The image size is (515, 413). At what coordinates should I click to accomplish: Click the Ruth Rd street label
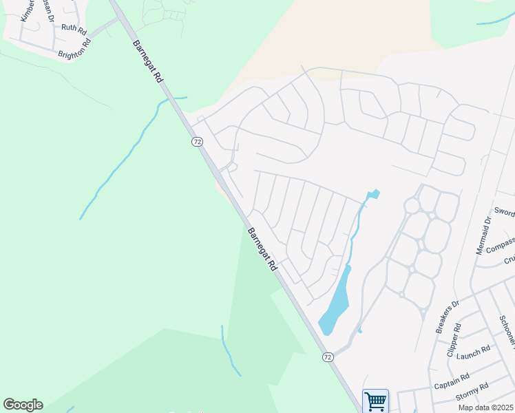pyautogui.click(x=74, y=29)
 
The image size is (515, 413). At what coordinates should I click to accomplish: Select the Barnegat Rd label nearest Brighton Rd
pyautogui.click(x=147, y=61)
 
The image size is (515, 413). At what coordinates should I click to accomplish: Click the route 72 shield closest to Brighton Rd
pyautogui.click(x=197, y=142)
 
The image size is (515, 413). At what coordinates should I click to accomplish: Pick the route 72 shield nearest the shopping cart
pyautogui.click(x=328, y=357)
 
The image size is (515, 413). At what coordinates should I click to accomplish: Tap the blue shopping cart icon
pyautogui.click(x=375, y=401)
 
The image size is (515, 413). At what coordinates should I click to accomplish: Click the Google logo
pyautogui.click(x=23, y=405)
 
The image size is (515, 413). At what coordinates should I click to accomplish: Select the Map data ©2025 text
pyautogui.click(x=486, y=407)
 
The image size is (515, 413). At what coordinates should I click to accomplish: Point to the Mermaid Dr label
pyautogui.click(x=483, y=235)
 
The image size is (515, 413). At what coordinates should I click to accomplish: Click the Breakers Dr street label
pyautogui.click(x=447, y=317)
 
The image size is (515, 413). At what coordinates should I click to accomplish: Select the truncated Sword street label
pyautogui.click(x=504, y=213)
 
